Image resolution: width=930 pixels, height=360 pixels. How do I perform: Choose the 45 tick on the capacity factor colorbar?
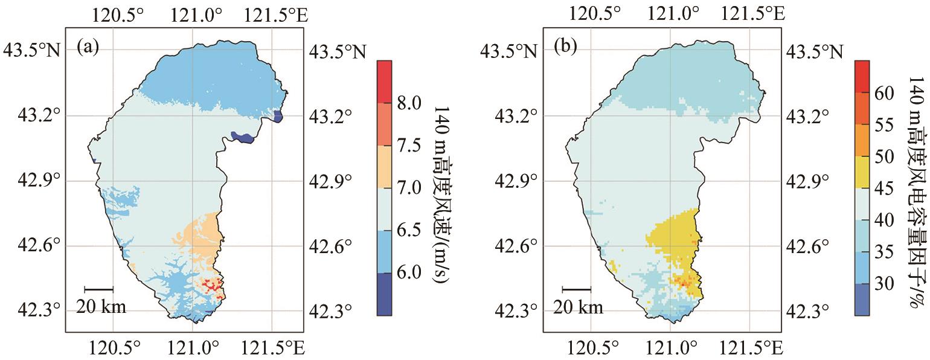883,188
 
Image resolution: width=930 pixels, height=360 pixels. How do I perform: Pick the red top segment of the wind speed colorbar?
384,81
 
